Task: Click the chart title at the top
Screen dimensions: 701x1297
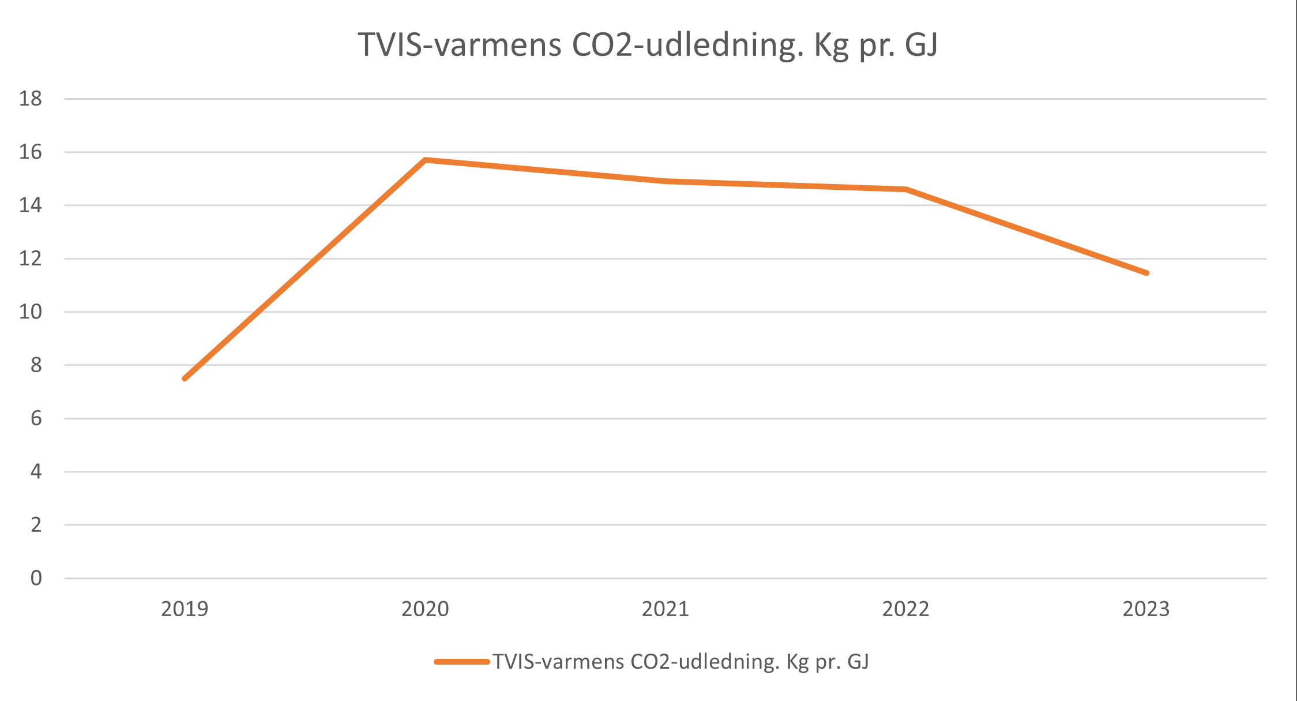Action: click(648, 45)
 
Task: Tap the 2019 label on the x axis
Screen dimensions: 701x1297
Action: click(185, 609)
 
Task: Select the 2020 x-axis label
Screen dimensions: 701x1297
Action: click(425, 609)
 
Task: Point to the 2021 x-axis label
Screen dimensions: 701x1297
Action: click(666, 609)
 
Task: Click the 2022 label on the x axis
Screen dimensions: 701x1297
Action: click(905, 609)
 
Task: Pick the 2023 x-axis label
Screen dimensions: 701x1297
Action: click(1146, 609)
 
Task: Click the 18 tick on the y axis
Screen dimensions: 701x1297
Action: click(31, 99)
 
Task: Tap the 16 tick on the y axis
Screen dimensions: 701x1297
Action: click(31, 152)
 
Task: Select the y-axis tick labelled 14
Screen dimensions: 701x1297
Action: click(31, 205)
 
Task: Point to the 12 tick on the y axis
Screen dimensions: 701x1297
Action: click(31, 258)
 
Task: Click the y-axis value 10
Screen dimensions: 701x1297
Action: click(31, 312)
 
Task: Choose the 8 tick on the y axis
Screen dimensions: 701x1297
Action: click(36, 365)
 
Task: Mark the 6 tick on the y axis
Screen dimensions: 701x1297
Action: click(36, 418)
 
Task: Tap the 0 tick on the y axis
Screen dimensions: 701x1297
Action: click(36, 578)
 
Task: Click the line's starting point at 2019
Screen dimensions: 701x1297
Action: click(185, 378)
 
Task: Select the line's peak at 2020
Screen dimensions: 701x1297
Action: click(425, 160)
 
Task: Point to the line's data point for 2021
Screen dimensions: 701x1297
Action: click(666, 181)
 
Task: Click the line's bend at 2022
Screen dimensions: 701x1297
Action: click(906, 189)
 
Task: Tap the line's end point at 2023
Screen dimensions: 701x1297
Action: click(1146, 273)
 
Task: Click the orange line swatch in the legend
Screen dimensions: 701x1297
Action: click(462, 662)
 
